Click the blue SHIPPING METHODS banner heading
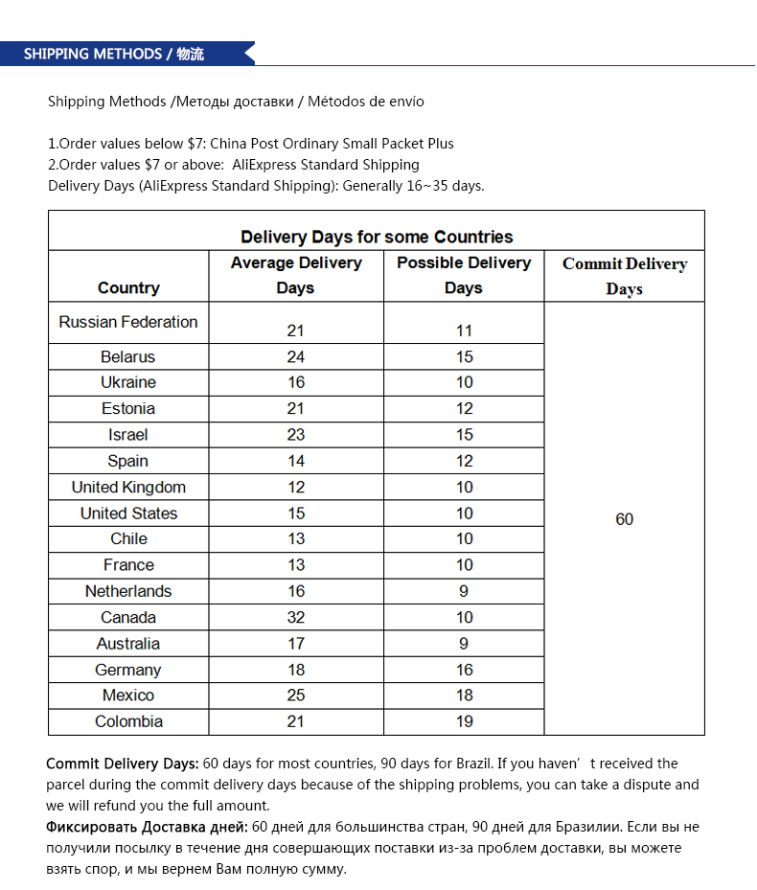click(x=113, y=54)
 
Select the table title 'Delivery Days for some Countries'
click(x=377, y=237)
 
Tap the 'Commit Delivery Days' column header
click(x=624, y=276)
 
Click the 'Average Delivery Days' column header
click(x=296, y=275)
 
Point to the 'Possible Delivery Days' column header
click(x=464, y=275)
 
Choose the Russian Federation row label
click(x=128, y=322)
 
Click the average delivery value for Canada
click(x=296, y=617)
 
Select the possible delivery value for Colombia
click(x=464, y=721)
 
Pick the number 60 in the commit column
click(x=624, y=519)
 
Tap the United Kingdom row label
click(x=128, y=487)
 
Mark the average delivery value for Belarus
click(x=296, y=356)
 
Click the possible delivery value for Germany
click(x=464, y=670)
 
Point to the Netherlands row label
click(x=128, y=591)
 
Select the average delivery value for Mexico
click(x=296, y=696)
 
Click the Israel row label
click(x=128, y=435)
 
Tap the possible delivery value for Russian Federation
click(x=464, y=331)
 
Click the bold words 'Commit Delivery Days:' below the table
click(x=123, y=764)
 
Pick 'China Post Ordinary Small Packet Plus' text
click(x=332, y=144)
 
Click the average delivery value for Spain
click(x=296, y=461)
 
